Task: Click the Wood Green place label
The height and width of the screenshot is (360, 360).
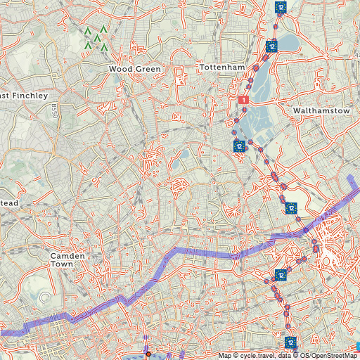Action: pyautogui.click(x=135, y=69)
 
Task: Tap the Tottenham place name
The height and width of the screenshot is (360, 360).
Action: pyautogui.click(x=222, y=67)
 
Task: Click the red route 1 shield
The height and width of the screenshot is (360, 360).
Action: pyautogui.click(x=244, y=101)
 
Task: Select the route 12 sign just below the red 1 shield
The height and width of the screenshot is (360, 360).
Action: pyautogui.click(x=239, y=146)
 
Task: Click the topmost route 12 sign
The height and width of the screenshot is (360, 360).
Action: pyautogui.click(x=281, y=7)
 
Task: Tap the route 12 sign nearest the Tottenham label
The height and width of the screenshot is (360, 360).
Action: pyautogui.click(x=272, y=46)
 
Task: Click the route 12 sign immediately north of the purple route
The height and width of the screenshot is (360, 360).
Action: pyautogui.click(x=291, y=208)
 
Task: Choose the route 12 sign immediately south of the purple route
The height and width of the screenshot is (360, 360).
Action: pyautogui.click(x=281, y=275)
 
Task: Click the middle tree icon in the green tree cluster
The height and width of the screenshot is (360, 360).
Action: pyautogui.click(x=96, y=39)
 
